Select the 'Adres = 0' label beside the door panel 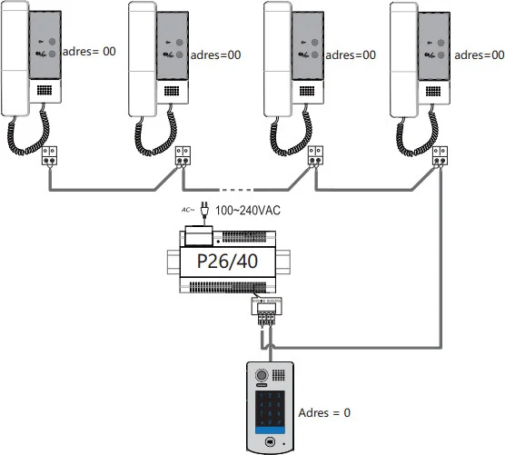(324, 412)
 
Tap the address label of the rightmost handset (479, 54)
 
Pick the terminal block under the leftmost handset (51, 155)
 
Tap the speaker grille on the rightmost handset (434, 92)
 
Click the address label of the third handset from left (349, 54)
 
